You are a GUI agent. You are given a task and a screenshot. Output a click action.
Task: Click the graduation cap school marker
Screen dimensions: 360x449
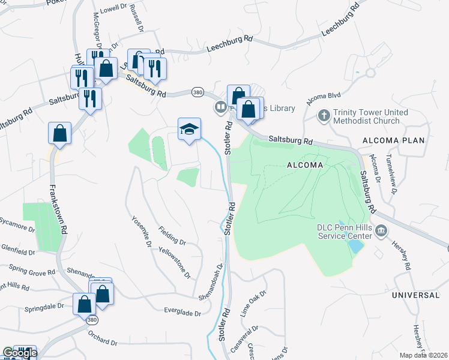click(x=189, y=129)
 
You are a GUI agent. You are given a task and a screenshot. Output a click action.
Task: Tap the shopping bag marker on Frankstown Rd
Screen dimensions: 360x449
click(x=60, y=134)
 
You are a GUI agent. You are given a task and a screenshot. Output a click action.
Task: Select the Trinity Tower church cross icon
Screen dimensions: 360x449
click(x=324, y=115)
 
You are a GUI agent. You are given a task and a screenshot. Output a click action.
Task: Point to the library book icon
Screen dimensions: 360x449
click(x=220, y=108)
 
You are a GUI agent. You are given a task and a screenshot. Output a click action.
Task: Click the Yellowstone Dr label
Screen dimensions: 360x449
click(x=175, y=263)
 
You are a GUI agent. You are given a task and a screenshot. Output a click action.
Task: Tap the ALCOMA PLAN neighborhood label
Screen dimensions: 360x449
click(x=393, y=140)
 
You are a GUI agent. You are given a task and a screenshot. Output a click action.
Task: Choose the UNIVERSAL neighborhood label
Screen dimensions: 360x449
click(x=415, y=296)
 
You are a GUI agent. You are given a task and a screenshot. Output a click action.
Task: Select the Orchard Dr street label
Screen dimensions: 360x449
click(x=102, y=337)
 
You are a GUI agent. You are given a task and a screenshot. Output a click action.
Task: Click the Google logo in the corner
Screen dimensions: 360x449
click(x=19, y=353)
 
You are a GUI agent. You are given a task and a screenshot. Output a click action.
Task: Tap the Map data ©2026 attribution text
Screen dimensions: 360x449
click(x=423, y=355)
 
